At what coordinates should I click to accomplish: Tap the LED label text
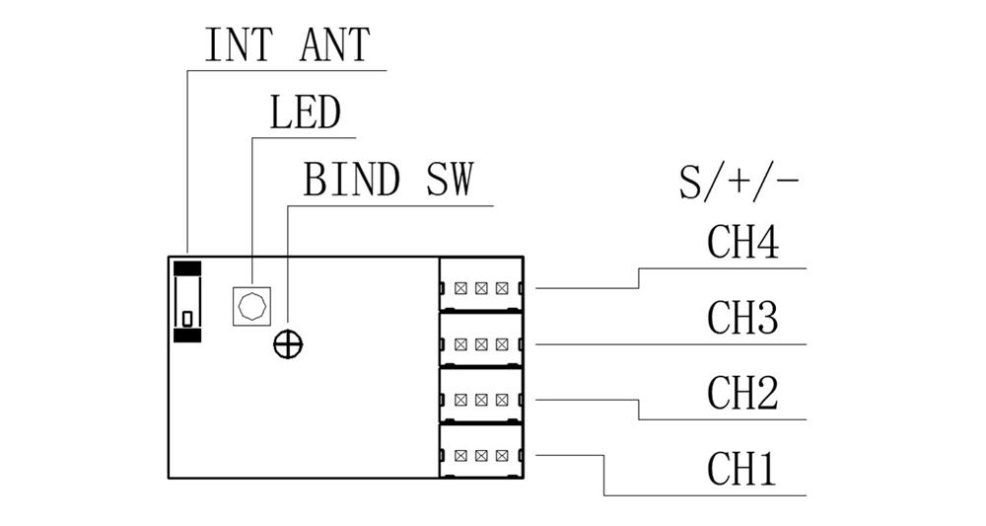coord(305,113)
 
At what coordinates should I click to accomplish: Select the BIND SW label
coord(388,181)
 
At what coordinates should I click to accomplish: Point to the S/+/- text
coord(739,184)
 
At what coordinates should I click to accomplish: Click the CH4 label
coord(742,243)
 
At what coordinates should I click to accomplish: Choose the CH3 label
coord(742,318)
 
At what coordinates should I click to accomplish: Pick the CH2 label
coord(742,393)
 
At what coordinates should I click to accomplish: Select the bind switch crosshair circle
coord(288,343)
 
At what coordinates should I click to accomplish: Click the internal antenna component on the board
coord(186,301)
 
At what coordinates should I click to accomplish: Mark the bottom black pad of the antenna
coord(186,335)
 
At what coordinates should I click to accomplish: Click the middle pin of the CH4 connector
coord(481,288)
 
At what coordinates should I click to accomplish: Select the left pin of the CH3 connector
coord(460,343)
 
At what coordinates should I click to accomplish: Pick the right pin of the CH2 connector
coord(502,400)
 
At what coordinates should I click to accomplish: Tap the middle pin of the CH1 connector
coord(481,455)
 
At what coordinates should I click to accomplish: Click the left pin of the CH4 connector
coord(460,288)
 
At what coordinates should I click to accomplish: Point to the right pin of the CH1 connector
coord(502,455)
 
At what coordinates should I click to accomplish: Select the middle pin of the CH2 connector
coord(481,400)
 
